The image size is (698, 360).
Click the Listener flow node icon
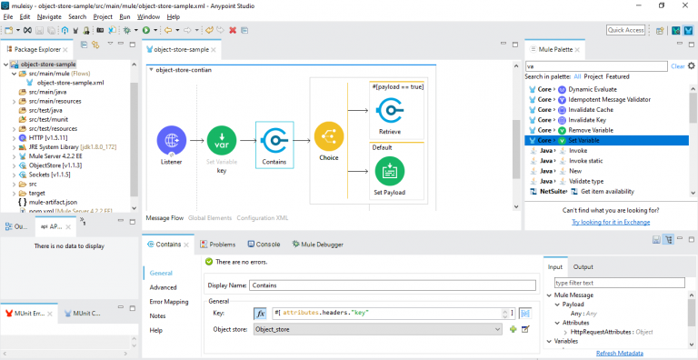tap(171, 142)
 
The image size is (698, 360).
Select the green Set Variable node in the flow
tap(222, 142)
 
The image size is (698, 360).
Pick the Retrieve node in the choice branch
tap(390, 111)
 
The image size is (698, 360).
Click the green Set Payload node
tap(390, 170)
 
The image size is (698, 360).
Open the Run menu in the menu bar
tap(125, 16)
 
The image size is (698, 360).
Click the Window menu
tap(148, 16)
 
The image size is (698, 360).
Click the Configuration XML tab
tap(263, 218)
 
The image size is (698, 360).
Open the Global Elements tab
tap(210, 218)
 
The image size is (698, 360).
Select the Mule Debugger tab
tap(316, 244)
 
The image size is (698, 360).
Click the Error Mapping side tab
tap(169, 302)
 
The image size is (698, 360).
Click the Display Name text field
tap(393, 285)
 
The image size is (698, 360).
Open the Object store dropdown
tap(377, 329)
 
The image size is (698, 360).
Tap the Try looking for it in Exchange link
tap(610, 222)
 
